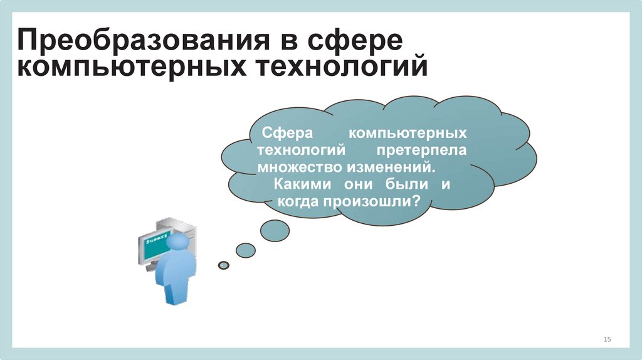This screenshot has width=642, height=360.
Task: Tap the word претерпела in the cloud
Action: pos(422,151)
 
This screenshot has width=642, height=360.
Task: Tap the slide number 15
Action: pos(607,339)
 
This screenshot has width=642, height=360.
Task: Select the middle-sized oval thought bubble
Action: pos(245,250)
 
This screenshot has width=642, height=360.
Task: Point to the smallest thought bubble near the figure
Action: pos(224,265)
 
